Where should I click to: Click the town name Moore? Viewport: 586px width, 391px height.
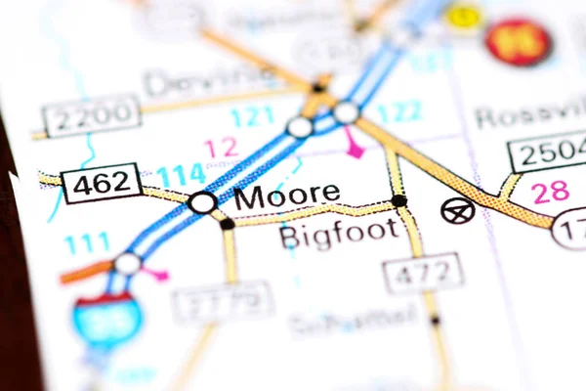(x=288, y=196)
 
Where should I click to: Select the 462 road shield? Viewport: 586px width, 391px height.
(x=101, y=183)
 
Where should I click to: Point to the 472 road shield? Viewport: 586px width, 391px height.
(x=422, y=273)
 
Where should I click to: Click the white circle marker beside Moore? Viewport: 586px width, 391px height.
(x=202, y=202)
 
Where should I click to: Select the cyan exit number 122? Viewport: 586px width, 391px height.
(x=398, y=112)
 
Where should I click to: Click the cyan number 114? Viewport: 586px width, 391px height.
(x=182, y=175)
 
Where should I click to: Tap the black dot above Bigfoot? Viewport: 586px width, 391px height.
(x=398, y=201)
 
